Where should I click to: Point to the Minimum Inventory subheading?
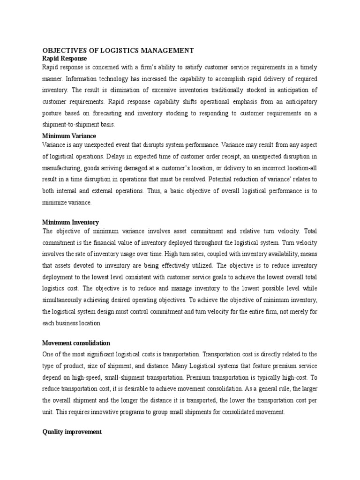point(70,222)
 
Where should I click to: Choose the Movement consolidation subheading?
point(76,343)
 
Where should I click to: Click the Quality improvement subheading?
point(72,432)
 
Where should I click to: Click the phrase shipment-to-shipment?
point(71,125)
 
